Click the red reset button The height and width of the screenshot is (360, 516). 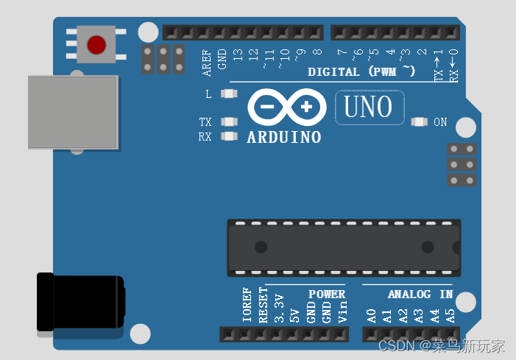[96, 45]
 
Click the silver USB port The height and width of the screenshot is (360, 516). [72, 112]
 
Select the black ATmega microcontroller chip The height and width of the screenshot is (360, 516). [344, 247]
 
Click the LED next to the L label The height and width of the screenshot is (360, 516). [229, 94]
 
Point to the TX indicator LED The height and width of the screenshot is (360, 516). [229, 122]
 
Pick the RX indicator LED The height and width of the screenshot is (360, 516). [229, 135]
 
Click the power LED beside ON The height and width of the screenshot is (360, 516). [420, 122]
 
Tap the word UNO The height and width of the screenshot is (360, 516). [369, 107]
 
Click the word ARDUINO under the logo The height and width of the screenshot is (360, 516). [283, 138]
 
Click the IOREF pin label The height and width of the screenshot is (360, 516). [247, 305]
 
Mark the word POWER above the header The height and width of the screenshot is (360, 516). [327, 294]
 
